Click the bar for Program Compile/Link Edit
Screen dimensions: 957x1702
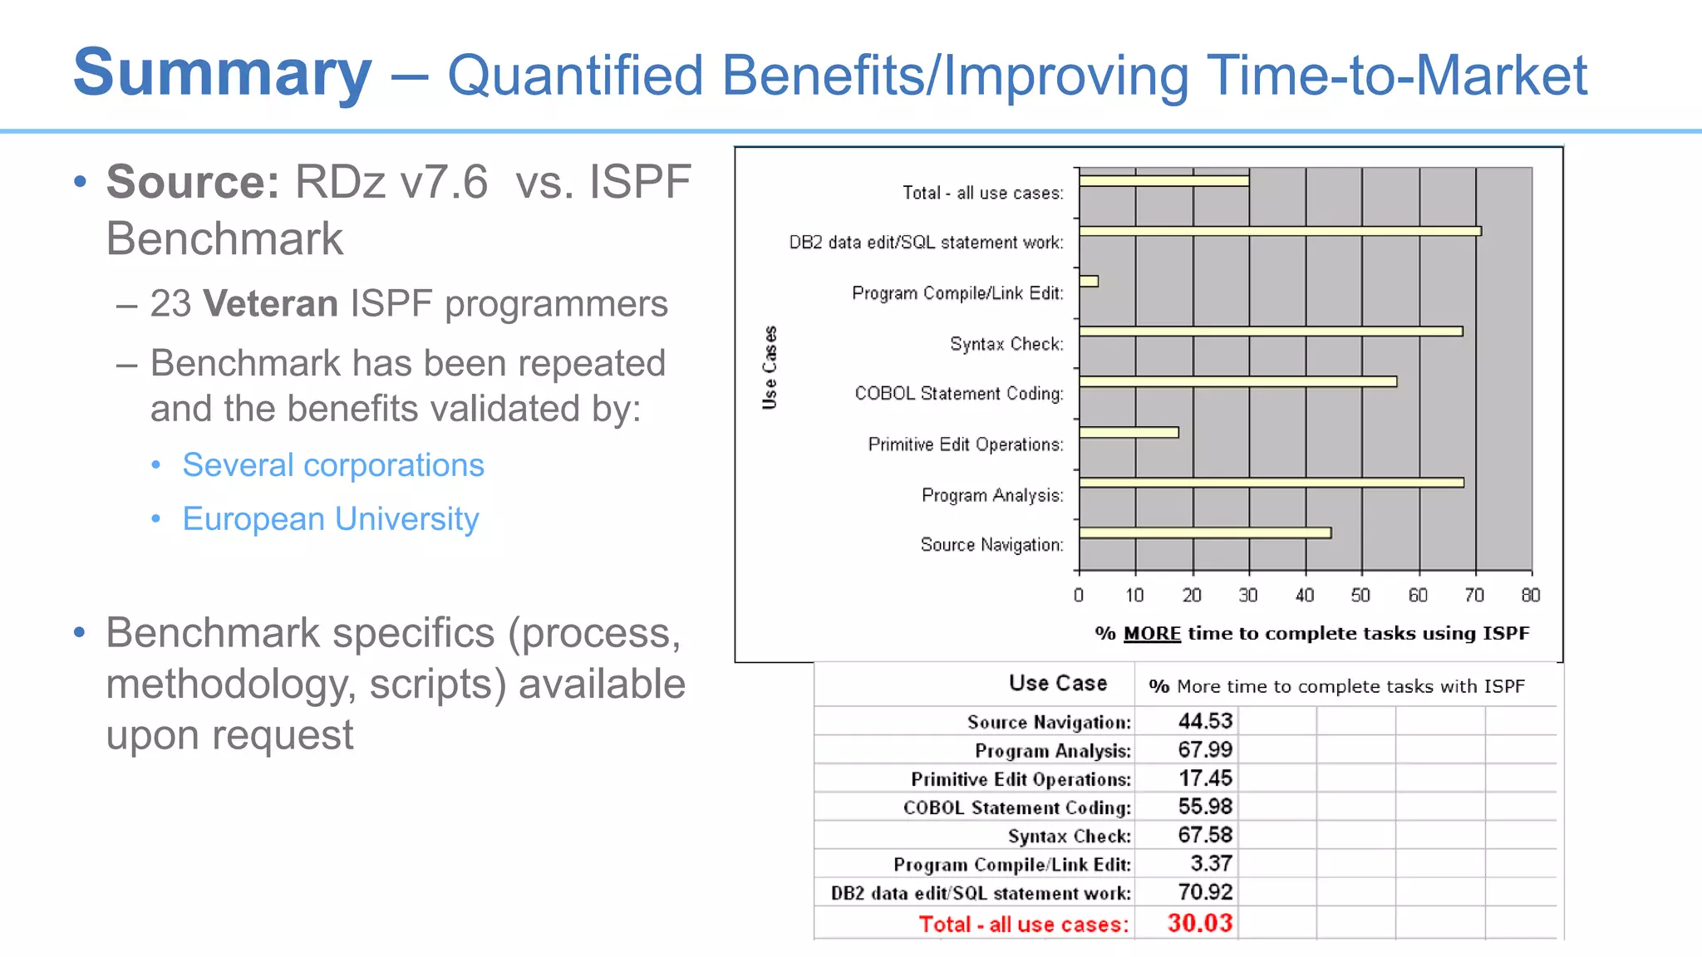[x=1089, y=282]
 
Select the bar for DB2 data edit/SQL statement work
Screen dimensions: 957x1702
[x=1280, y=231]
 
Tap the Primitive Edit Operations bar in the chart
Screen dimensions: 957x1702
[x=1129, y=432]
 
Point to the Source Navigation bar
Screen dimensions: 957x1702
[x=1205, y=533]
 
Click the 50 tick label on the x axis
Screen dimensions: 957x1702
[x=1360, y=595]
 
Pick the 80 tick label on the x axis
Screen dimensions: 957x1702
[x=1530, y=595]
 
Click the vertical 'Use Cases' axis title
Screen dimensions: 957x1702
[x=770, y=367]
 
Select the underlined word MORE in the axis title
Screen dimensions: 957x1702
[x=1152, y=634]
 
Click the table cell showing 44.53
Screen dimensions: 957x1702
[x=1205, y=721]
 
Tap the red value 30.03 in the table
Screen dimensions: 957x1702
[x=1200, y=923]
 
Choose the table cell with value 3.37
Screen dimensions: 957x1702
[x=1211, y=863]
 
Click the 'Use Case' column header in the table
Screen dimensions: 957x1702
[x=1058, y=683]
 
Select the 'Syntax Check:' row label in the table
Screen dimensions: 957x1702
[x=1070, y=836]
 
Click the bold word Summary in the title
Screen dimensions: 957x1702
[x=222, y=73]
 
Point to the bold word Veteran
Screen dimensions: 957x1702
[x=270, y=304]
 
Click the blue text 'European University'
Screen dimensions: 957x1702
[x=331, y=519]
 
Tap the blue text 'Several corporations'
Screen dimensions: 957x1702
[x=333, y=465]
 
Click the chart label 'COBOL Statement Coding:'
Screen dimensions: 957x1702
[x=959, y=394]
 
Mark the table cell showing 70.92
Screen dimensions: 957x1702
[x=1205, y=892]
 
